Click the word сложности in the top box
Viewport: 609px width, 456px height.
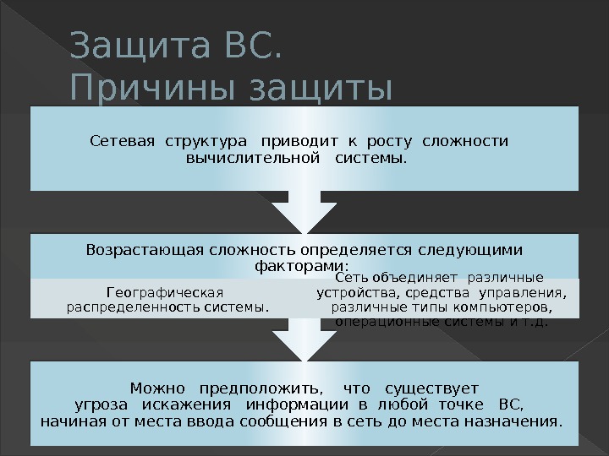(x=465, y=140)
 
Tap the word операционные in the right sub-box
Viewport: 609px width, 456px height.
(x=378, y=321)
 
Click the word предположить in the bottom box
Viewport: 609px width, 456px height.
(x=261, y=388)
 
